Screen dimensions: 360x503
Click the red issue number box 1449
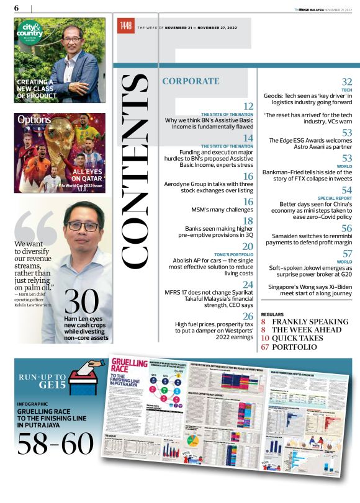coord(126,26)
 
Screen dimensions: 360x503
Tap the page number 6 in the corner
coord(17,7)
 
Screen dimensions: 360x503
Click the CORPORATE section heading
coord(191,81)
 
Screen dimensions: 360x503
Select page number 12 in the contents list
coord(248,106)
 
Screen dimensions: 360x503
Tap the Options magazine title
coord(30,118)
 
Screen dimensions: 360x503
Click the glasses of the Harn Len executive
coord(83,226)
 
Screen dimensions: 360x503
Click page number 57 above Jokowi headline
coord(347,254)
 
